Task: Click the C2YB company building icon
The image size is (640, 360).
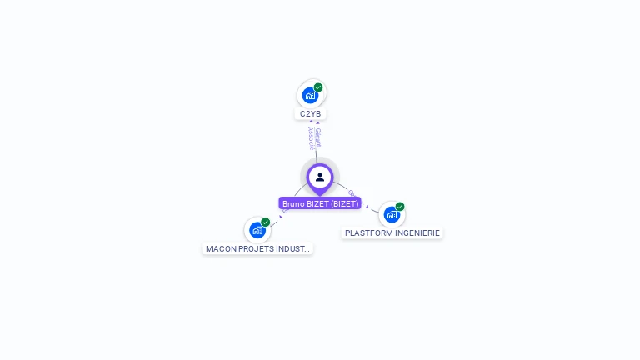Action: click(310, 96)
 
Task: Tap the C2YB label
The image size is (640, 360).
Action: click(310, 114)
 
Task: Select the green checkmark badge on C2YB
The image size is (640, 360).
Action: click(318, 87)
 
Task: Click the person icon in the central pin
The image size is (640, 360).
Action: click(320, 177)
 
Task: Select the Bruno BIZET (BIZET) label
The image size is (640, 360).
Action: click(320, 203)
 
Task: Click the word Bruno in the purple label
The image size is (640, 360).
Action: click(294, 203)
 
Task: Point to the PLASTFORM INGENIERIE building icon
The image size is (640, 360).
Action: click(392, 215)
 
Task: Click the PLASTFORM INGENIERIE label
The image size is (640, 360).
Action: click(392, 233)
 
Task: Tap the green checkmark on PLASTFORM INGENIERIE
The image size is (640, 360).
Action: click(400, 207)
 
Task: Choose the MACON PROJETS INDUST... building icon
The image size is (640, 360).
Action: click(257, 231)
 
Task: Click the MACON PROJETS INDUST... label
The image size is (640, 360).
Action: click(257, 248)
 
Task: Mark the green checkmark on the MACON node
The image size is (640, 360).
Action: click(266, 222)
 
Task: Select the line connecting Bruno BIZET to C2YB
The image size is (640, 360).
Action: click(316, 154)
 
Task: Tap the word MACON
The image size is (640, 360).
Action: click(221, 248)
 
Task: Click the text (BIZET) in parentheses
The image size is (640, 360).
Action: click(344, 203)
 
